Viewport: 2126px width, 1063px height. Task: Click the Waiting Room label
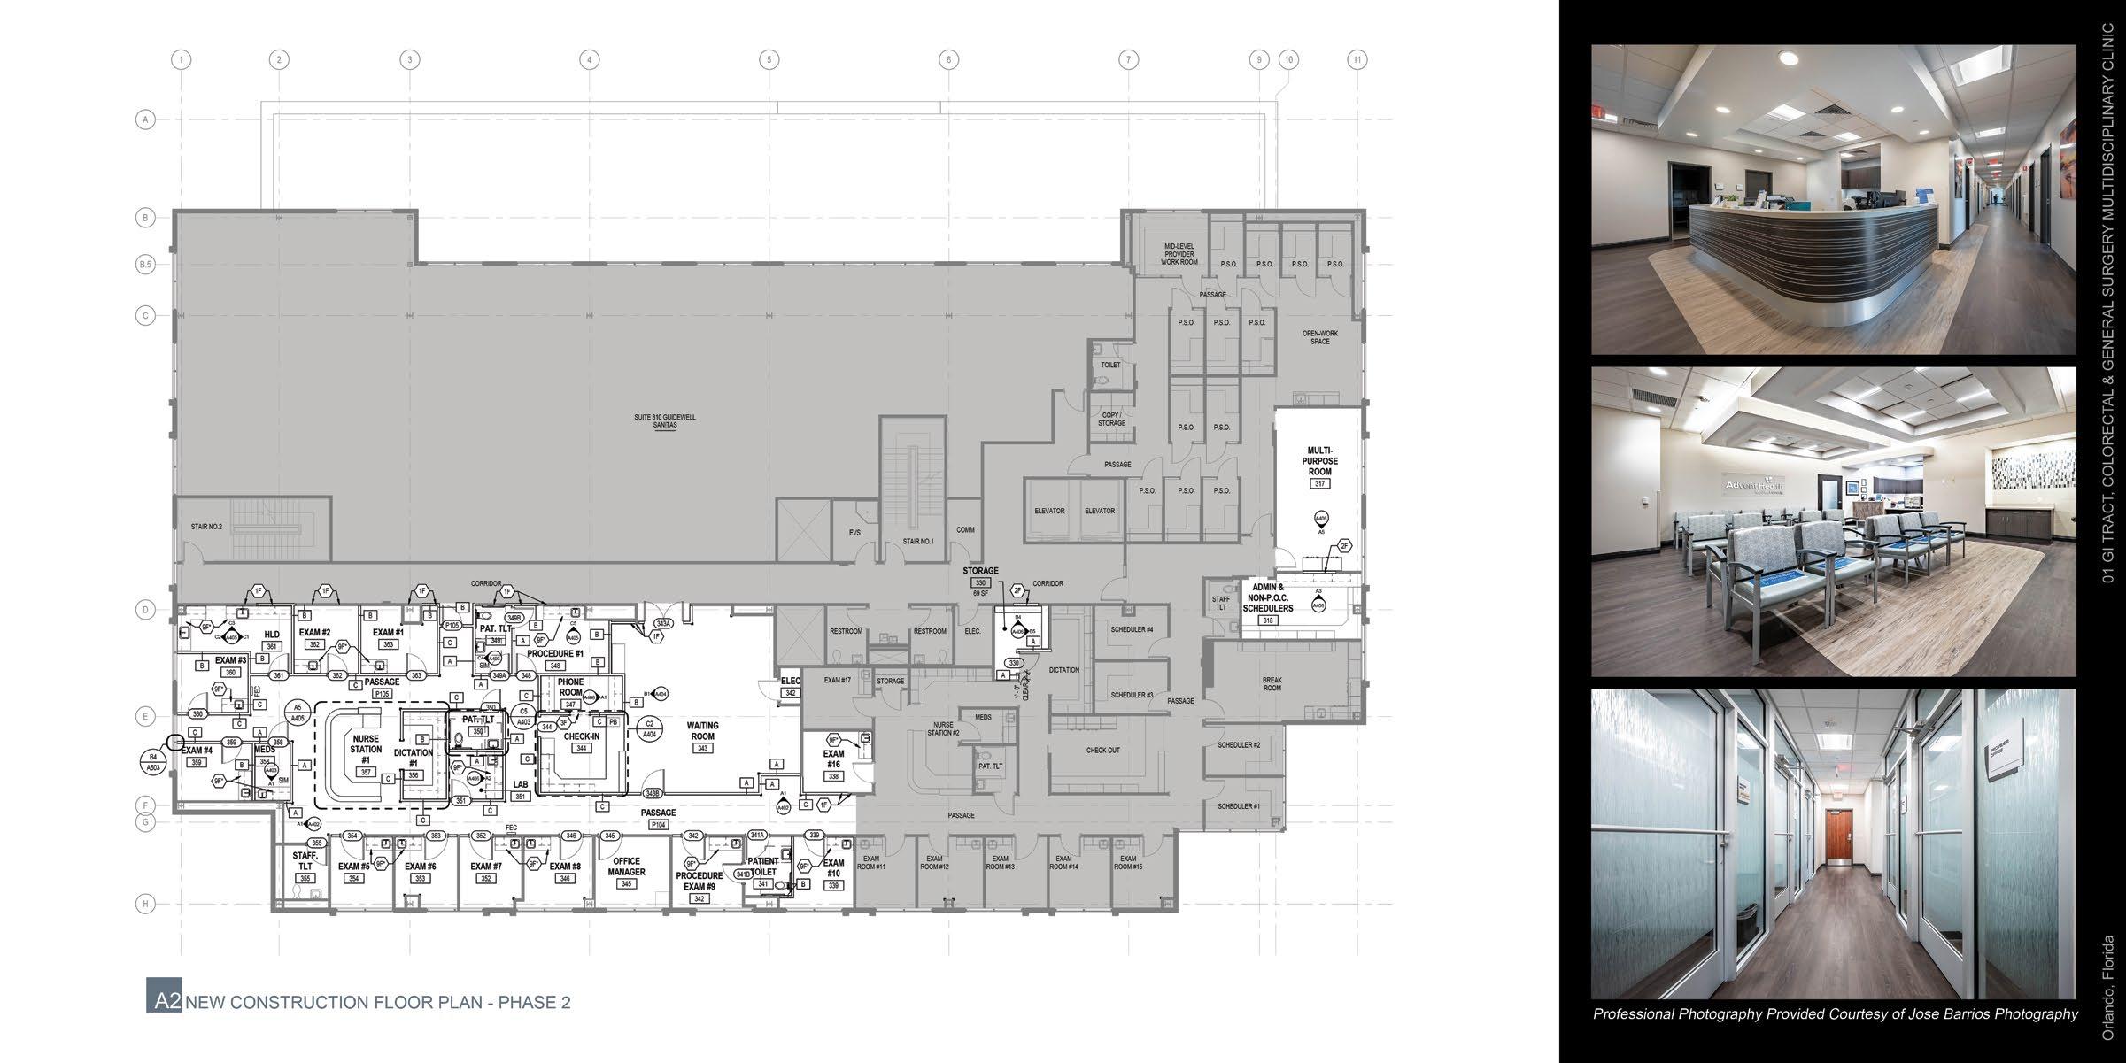[702, 731]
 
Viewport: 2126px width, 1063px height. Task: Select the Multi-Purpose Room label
[1319, 461]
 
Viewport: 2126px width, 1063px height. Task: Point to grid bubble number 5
[769, 60]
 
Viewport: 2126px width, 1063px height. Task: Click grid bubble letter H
[145, 904]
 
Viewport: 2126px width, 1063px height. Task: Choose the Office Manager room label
[626, 867]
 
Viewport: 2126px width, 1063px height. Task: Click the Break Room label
[1272, 683]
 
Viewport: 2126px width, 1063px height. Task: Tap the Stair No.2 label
[206, 527]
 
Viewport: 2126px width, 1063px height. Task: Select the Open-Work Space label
[1319, 337]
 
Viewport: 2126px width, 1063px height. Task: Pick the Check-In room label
[582, 737]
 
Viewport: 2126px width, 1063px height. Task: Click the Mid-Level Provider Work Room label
[1179, 254]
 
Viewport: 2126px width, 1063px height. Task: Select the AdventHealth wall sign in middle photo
[1753, 486]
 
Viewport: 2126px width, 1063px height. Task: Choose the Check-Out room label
[1102, 751]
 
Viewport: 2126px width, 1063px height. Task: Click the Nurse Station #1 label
[366, 749]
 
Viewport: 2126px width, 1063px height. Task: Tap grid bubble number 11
[1357, 60]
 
